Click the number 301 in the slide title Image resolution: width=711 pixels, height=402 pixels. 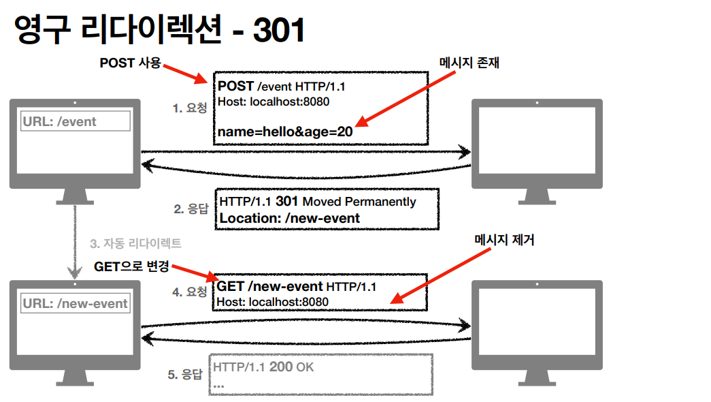[x=278, y=31]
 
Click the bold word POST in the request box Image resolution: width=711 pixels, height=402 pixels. [x=236, y=87]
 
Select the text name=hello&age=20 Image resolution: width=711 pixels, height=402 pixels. [x=285, y=132]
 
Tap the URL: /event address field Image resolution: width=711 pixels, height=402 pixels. [x=76, y=122]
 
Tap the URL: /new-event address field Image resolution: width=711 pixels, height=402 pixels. [x=76, y=303]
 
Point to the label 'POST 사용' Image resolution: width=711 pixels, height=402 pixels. [x=130, y=63]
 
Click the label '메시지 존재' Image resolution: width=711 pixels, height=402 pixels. [x=469, y=63]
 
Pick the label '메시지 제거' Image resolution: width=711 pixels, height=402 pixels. [x=503, y=241]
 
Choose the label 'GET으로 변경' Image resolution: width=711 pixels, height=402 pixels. [x=131, y=266]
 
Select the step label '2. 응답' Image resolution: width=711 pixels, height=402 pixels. [x=191, y=209]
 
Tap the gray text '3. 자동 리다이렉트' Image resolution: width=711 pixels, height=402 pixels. [x=135, y=243]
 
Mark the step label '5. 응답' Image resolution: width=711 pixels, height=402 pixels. [x=185, y=374]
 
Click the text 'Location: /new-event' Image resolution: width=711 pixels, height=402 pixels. [x=290, y=218]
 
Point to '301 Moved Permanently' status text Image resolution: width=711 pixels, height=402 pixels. [x=346, y=202]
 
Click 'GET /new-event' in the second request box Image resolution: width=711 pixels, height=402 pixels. [x=270, y=286]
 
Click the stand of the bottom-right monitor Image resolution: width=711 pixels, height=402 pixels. [x=537, y=377]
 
